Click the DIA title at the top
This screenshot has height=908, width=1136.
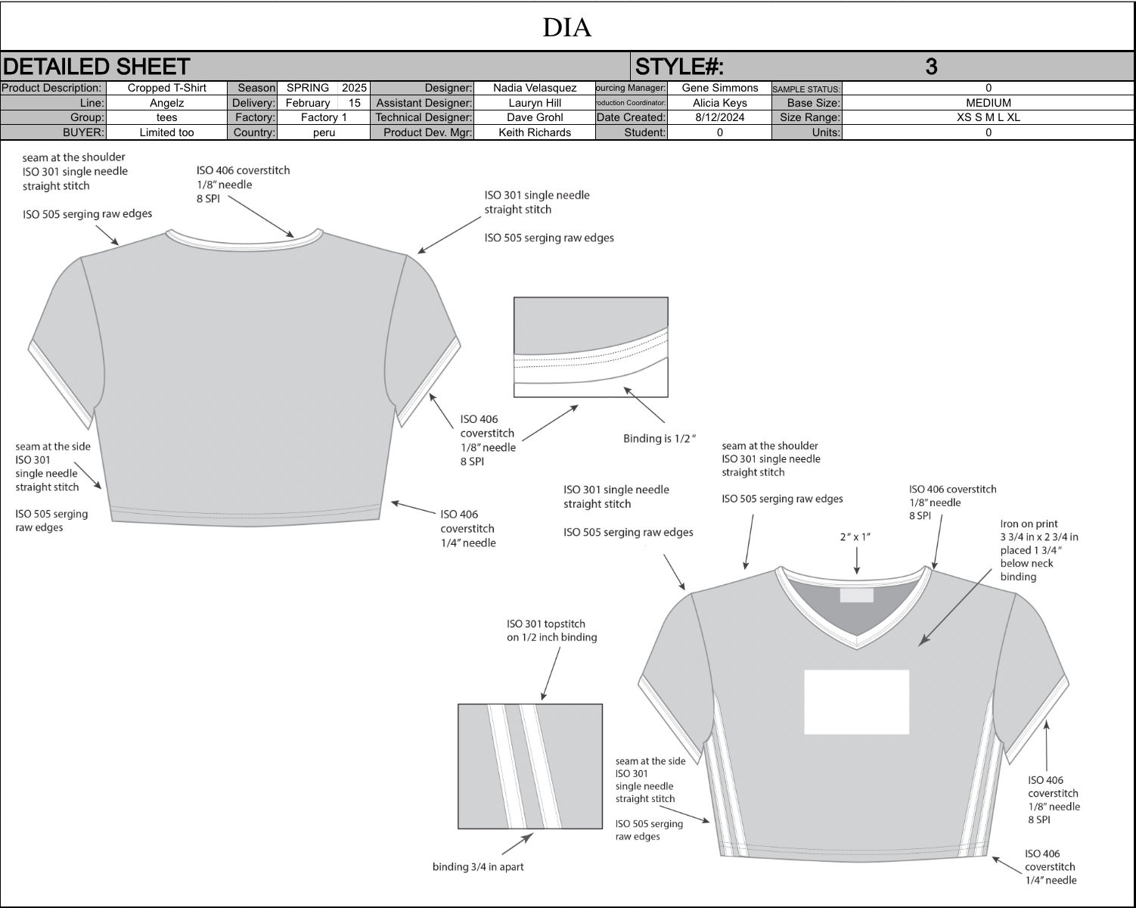click(567, 27)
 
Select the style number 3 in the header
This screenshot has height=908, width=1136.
click(931, 67)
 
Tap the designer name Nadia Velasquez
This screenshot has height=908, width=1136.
click(535, 88)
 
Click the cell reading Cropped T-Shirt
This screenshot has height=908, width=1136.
click(167, 88)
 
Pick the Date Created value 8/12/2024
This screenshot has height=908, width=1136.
click(720, 117)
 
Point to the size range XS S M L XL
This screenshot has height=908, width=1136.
click(989, 117)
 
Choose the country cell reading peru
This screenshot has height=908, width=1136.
click(324, 132)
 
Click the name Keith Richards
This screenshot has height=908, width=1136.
click(535, 132)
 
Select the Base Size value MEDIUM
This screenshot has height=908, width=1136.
click(989, 103)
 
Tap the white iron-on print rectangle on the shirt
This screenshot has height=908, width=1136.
click(856, 702)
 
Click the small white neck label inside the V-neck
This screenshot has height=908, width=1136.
click(856, 595)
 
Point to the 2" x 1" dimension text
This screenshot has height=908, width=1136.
click(855, 537)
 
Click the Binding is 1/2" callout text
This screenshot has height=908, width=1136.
click(660, 438)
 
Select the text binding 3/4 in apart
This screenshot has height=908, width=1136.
click(478, 867)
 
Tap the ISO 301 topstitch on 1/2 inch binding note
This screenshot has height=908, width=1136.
click(551, 630)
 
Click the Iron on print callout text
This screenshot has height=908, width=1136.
click(1039, 550)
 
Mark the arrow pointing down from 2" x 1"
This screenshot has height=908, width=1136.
click(856, 561)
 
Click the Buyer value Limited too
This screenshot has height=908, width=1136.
click(167, 132)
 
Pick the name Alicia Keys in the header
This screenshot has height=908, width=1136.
click(720, 103)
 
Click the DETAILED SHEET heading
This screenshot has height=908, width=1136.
click(96, 67)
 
